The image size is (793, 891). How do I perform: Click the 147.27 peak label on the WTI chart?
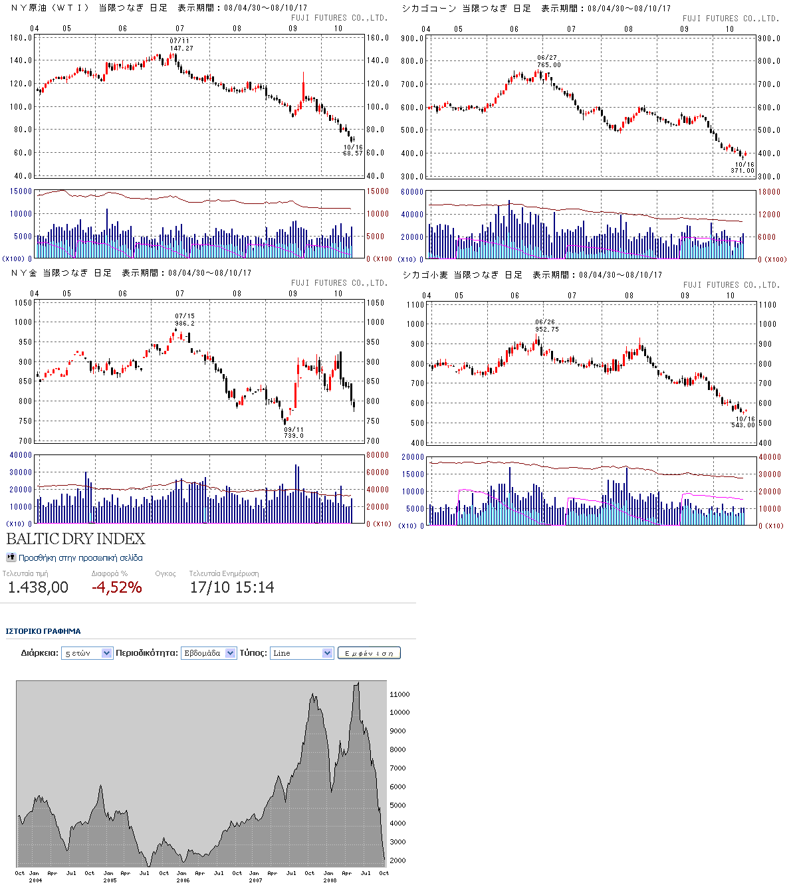coord(181,49)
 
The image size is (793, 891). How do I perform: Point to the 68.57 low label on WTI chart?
coord(353,153)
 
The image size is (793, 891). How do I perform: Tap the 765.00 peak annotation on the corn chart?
coord(548,65)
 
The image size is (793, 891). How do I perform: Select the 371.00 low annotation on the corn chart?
coord(742,171)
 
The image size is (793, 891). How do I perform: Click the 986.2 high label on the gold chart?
coord(184,324)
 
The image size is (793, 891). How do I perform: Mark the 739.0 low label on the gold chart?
coord(294,436)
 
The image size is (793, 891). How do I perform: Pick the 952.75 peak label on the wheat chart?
coord(546,330)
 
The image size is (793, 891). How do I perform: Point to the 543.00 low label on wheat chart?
coord(743,425)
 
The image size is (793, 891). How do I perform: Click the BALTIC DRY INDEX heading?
coord(76,539)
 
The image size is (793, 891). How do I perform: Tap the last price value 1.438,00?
coord(38,587)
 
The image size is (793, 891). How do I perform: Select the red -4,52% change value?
coord(116,587)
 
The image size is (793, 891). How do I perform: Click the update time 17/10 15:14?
coord(232,587)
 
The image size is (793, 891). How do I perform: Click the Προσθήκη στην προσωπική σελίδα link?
coord(80,558)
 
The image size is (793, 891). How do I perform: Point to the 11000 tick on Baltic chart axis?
coord(399,694)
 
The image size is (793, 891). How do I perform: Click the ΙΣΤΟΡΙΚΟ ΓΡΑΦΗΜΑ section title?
coord(43,631)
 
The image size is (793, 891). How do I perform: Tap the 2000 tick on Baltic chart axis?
coord(397,860)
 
